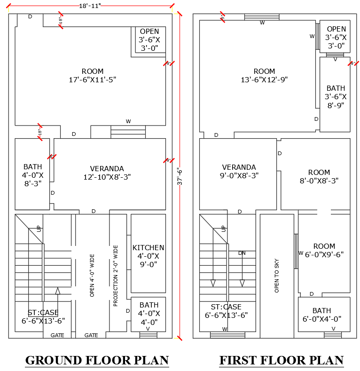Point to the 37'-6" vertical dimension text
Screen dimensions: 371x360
coord(179,176)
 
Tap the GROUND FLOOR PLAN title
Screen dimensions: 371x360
coord(97,360)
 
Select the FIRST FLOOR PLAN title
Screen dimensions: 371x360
coord(281,360)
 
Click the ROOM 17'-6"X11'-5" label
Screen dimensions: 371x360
coord(92,76)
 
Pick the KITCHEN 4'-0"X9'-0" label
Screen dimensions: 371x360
coord(149,256)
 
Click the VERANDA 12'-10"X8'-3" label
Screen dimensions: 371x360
coord(107,173)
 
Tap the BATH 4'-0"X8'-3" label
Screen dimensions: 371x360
coord(32,175)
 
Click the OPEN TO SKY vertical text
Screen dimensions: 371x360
coord(277,276)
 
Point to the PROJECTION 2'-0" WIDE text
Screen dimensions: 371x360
coord(116,276)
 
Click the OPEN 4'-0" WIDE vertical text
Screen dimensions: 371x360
coord(92,276)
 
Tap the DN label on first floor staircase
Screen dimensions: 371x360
coord(242,253)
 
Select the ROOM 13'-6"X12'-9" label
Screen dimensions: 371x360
coord(264,76)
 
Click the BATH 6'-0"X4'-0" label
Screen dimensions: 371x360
coord(322,315)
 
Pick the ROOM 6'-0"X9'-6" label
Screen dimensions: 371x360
coord(324,250)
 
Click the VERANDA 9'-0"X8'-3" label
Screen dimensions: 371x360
coord(239,171)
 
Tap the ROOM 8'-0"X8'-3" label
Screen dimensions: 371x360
coord(319,176)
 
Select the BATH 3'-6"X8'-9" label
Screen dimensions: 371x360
coord(336,96)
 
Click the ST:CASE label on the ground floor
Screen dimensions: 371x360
coord(43,316)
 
